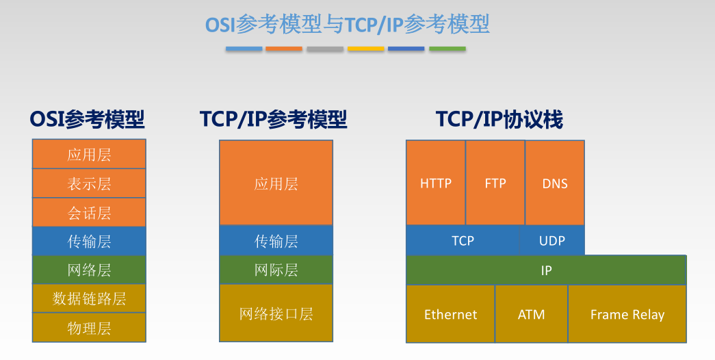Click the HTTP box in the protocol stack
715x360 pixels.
point(436,183)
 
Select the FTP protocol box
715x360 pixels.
point(495,183)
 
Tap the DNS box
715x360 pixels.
point(555,183)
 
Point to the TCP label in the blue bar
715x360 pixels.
point(463,241)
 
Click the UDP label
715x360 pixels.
point(552,241)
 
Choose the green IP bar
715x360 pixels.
point(546,270)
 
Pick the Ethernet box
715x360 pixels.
point(450,314)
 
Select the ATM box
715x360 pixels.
point(532,314)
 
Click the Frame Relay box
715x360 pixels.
point(627,314)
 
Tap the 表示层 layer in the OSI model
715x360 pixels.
point(89,183)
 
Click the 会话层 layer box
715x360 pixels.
point(89,212)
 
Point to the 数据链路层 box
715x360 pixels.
point(89,298)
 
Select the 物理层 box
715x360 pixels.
point(89,327)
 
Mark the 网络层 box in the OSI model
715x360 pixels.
point(89,270)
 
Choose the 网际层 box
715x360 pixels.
point(276,270)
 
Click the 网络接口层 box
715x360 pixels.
point(276,313)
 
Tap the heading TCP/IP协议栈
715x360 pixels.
point(499,120)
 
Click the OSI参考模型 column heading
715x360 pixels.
point(88,120)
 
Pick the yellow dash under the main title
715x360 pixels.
point(365,49)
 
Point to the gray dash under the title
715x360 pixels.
point(325,49)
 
